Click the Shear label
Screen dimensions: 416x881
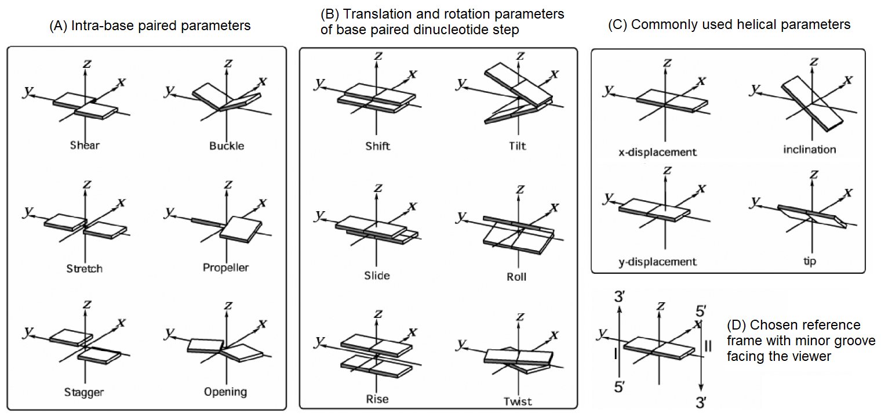[x=85, y=145]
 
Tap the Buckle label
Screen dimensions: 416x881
[x=227, y=146]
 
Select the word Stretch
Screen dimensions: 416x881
[x=85, y=269]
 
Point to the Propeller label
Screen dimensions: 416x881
[x=226, y=267]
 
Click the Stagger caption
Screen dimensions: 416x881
[x=84, y=392]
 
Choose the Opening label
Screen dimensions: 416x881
[x=225, y=392]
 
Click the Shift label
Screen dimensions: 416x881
[x=378, y=146]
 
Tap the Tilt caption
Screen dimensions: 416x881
[x=516, y=146]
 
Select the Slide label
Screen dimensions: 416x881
[x=377, y=276]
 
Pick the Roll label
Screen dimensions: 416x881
[x=516, y=277]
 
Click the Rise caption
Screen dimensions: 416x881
[x=377, y=399]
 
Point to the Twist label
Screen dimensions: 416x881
[x=516, y=401]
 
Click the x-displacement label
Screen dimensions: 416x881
[x=657, y=153]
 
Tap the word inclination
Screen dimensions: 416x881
[x=810, y=150]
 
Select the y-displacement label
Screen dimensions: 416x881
[x=657, y=262]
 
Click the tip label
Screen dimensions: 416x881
[x=810, y=262]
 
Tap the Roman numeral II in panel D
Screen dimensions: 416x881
[x=708, y=347]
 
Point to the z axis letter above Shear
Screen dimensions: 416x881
[x=87, y=63]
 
